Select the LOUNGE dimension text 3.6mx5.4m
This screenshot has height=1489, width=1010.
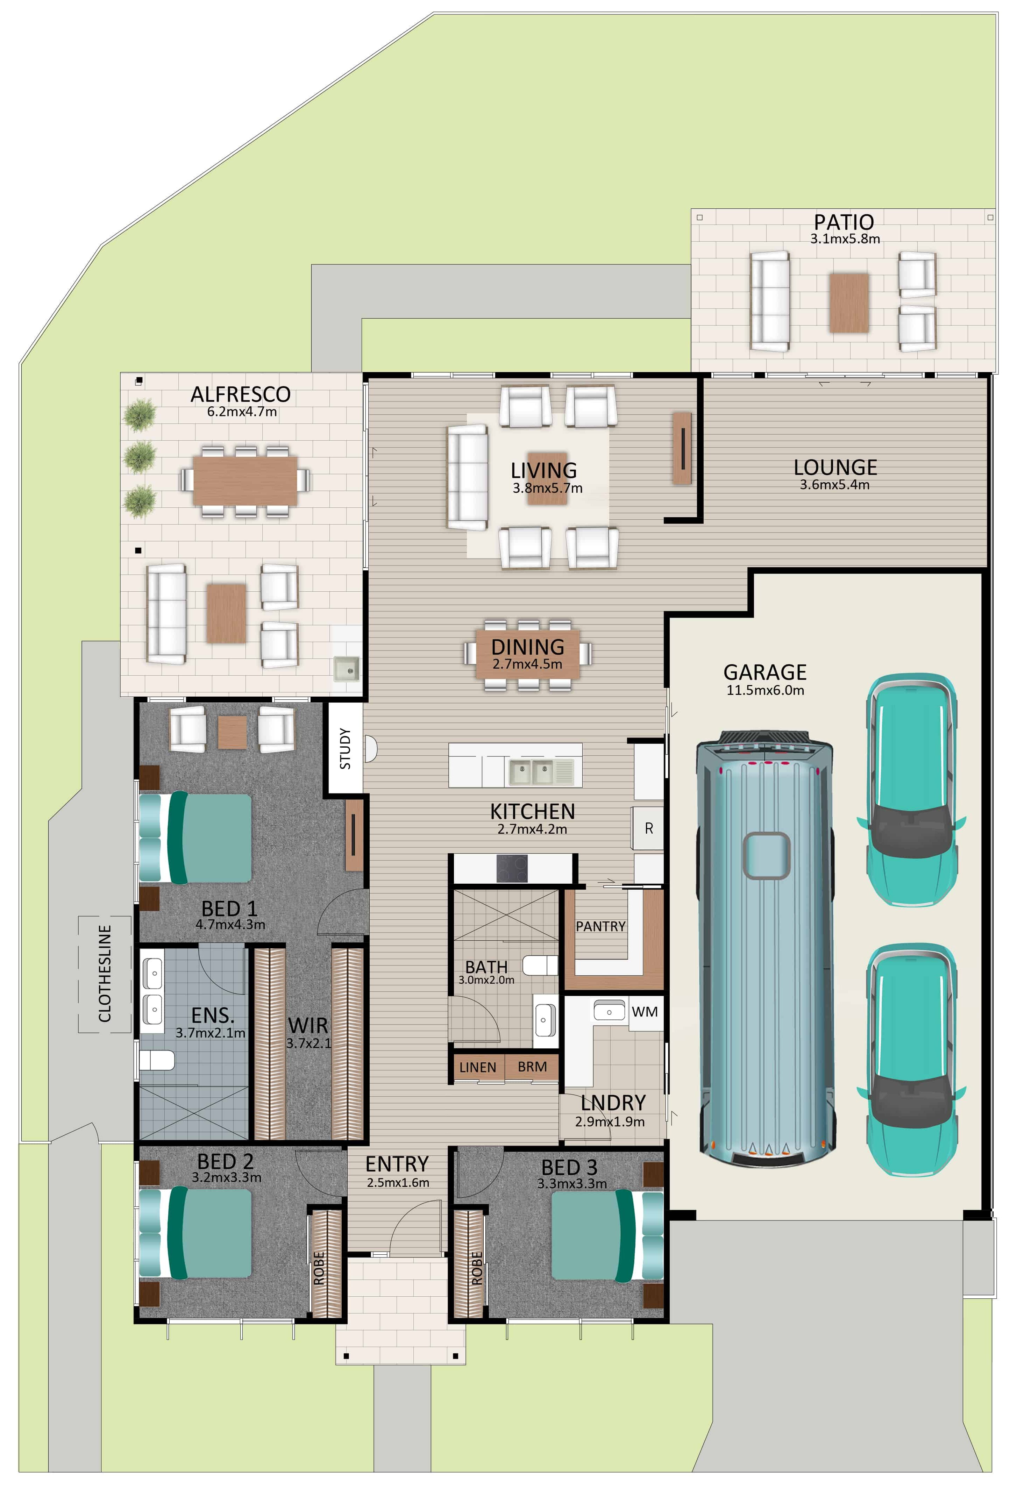click(834, 485)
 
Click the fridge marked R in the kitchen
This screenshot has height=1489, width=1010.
click(648, 828)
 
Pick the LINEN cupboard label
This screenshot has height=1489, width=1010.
click(477, 1067)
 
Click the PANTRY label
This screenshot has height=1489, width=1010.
click(600, 926)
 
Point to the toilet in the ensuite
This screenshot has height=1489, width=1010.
click(156, 1060)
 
